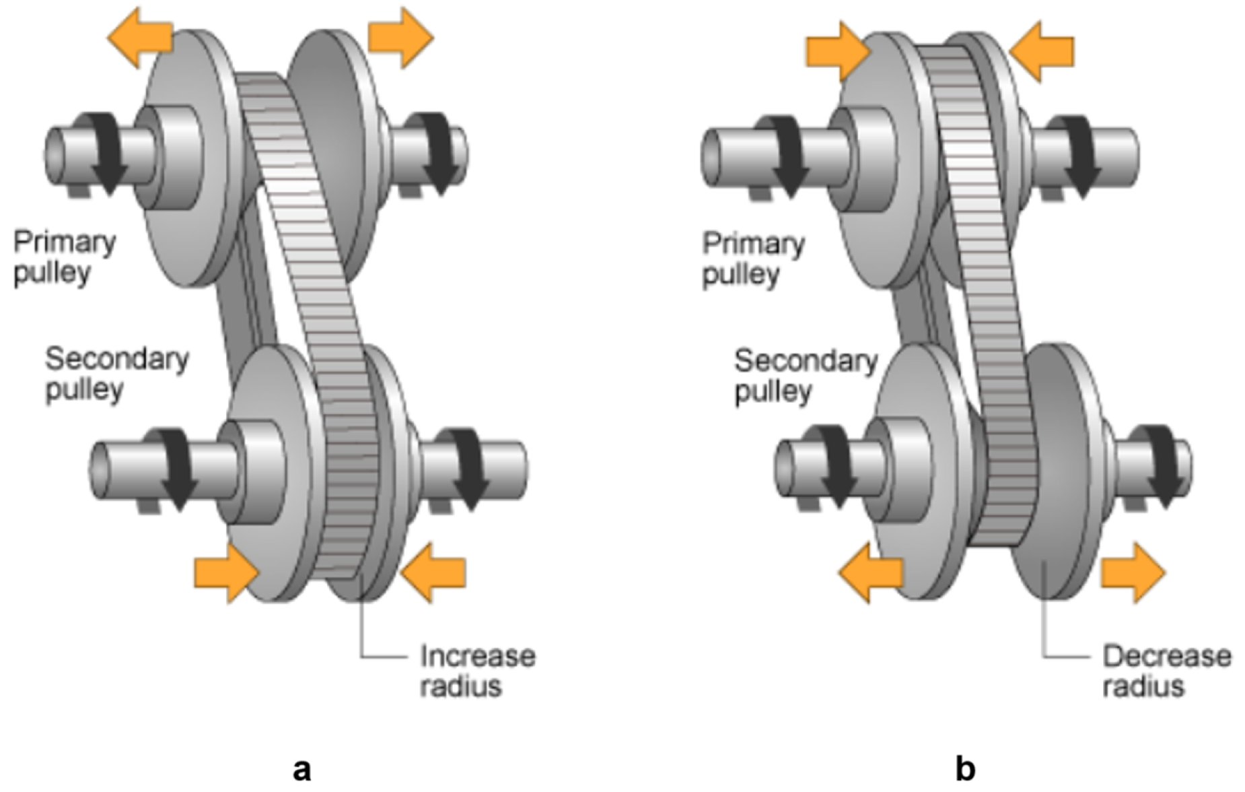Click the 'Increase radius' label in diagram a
pyautogui.click(x=477, y=671)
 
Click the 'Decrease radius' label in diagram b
pyautogui.click(x=1166, y=671)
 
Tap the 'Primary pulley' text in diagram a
pyautogui.click(x=64, y=257)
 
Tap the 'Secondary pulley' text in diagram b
pyautogui.click(x=806, y=376)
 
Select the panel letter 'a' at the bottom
pyautogui.click(x=302, y=768)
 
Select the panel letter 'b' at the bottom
pyautogui.click(x=965, y=768)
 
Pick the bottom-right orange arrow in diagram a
pyautogui.click(x=434, y=573)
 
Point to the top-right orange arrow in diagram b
pyautogui.click(x=1042, y=51)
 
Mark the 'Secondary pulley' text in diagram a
pyautogui.click(x=116, y=374)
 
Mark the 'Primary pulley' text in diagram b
pyautogui.click(x=753, y=259)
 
